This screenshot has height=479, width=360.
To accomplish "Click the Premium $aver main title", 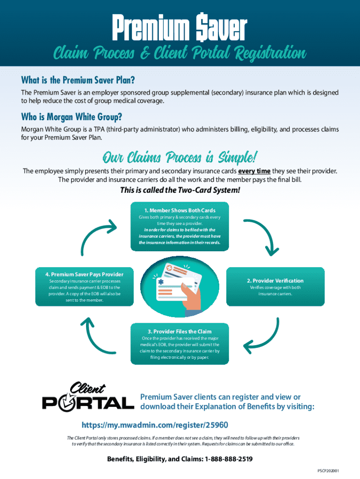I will pos(180,27).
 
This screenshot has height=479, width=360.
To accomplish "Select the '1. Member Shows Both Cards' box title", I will pos(180,210).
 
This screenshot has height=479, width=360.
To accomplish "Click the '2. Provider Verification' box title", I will pos(275,281).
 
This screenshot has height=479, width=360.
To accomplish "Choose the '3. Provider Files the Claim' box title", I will pos(180,332).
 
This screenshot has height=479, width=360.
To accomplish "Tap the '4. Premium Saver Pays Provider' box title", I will pos(84,274).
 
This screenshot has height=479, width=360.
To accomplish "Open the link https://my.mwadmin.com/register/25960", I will pos(155,425).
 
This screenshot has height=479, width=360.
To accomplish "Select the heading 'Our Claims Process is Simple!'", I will pos(180,155).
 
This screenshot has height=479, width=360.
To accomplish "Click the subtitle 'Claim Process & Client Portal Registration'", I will pos(180,53).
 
